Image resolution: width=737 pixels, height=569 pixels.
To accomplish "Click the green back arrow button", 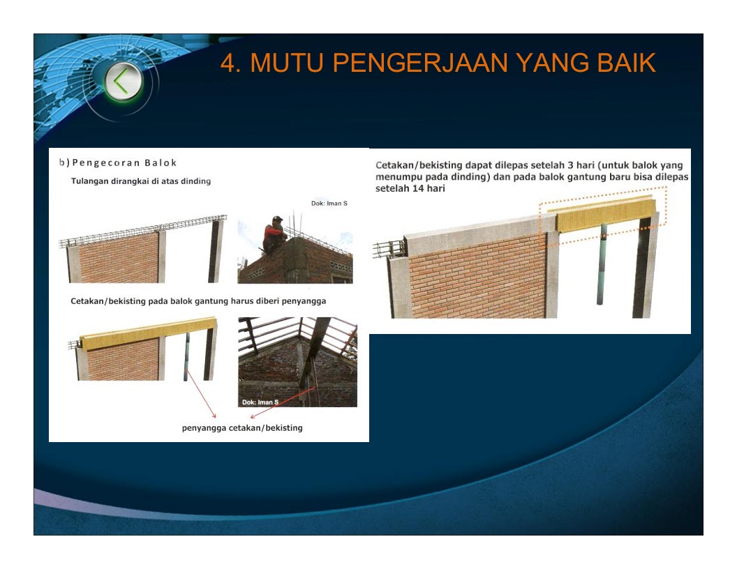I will (x=124, y=82).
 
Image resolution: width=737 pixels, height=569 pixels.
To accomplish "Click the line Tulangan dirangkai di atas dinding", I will (x=141, y=181).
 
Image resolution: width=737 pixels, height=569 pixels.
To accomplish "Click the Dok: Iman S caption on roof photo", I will (x=260, y=402).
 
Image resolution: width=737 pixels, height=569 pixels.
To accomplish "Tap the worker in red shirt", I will (x=274, y=234).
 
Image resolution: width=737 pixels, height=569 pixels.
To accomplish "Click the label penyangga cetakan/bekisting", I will (x=242, y=427).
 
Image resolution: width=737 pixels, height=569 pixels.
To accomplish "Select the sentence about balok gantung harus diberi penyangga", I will (x=198, y=301).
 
